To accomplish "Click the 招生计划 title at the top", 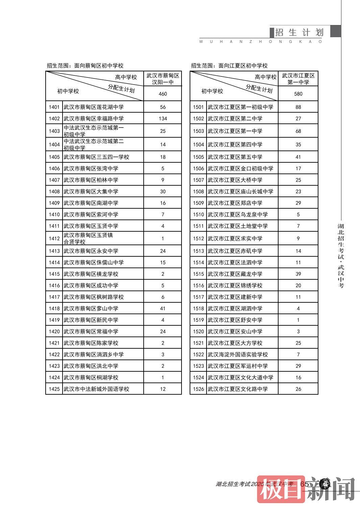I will [299, 32].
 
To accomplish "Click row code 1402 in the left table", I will [54, 119].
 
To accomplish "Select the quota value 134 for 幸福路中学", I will [163, 119].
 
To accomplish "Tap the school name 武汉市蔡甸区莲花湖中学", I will [94, 107].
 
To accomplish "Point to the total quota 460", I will [163, 94].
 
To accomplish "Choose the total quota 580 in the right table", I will [298, 94].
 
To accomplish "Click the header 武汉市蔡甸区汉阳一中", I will [163, 79].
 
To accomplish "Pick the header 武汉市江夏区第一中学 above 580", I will [298, 79].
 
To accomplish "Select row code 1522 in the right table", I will [198, 355].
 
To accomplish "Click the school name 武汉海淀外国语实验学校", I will [238, 355].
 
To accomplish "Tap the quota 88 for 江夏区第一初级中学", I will [298, 107].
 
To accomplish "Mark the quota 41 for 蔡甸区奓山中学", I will [163, 309].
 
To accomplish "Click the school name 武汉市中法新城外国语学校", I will [96, 389].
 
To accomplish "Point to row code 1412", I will [54, 239].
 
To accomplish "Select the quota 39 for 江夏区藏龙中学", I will [298, 274].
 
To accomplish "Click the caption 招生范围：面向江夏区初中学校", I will [229, 66].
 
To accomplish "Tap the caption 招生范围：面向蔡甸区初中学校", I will [85, 66].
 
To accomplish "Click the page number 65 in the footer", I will [304, 484].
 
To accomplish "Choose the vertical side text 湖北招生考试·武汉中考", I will [341, 255].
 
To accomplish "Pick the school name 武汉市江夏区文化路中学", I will [238, 389].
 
